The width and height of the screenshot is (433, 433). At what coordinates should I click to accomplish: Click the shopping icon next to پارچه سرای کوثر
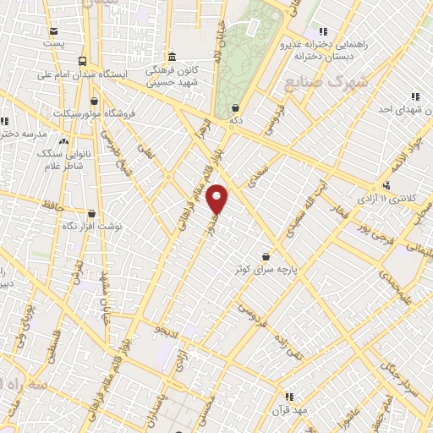pos(266,255)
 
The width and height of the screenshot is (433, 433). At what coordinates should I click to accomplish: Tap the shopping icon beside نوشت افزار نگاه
pos(91,214)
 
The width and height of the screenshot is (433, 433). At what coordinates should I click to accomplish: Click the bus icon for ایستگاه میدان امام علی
pos(82,61)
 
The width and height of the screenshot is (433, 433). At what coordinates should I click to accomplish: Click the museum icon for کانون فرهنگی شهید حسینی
pos(172,57)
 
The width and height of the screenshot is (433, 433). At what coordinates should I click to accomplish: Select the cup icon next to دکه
pos(234,107)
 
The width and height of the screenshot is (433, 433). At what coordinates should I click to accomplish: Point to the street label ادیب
pos(166,332)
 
